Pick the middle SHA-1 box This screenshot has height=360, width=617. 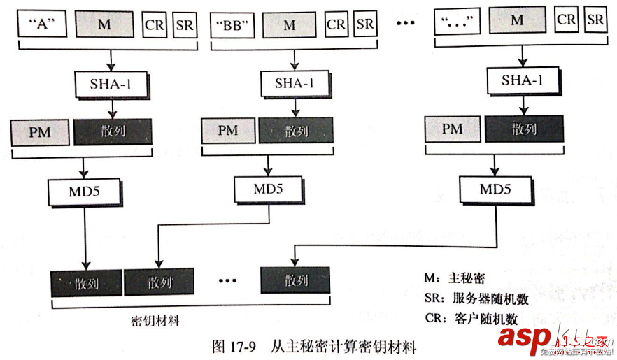[294, 83]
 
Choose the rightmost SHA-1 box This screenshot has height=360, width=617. [521, 80]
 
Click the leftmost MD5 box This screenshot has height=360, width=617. [86, 190]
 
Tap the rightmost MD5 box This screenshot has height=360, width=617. [495, 189]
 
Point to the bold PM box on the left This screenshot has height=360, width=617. [40, 131]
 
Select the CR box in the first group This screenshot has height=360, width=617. [153, 25]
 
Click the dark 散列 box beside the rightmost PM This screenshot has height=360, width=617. [523, 129]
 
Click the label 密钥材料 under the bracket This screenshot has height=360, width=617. [155, 322]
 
